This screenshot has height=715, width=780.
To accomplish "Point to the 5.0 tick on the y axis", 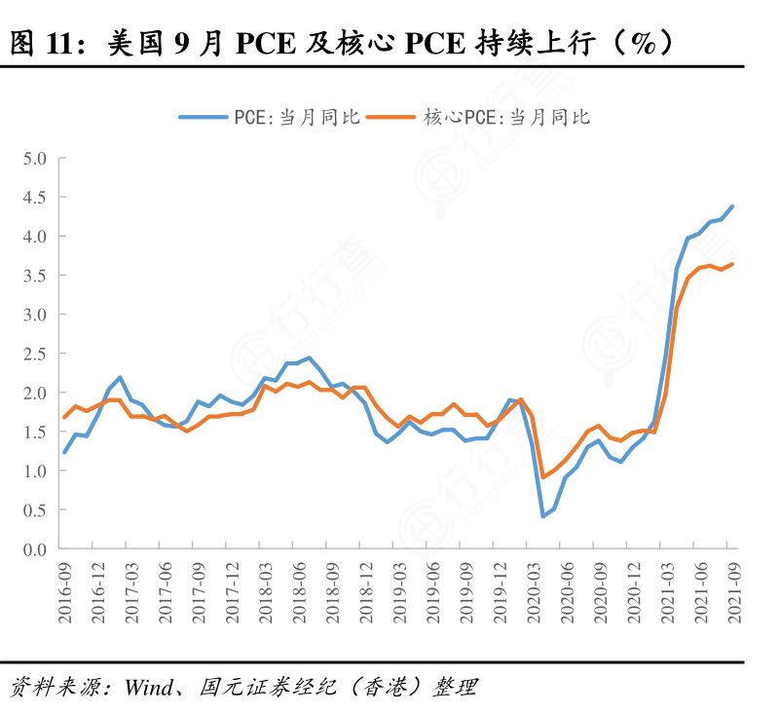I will [x=36, y=158].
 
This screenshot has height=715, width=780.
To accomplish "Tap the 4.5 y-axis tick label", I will [x=36, y=197].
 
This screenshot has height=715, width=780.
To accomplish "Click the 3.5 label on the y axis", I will [x=36, y=276].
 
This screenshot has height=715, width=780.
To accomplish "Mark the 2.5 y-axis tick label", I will [x=36, y=354].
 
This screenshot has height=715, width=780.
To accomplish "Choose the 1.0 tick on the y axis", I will [x=36, y=471].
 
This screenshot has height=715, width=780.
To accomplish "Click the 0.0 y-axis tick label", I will [x=36, y=549].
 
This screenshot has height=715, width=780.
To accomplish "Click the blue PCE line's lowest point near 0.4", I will [x=543, y=516].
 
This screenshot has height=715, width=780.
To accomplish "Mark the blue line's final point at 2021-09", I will [x=732, y=207].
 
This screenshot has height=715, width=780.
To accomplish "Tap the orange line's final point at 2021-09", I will [x=732, y=264].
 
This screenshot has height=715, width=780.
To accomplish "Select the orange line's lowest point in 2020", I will [x=543, y=477].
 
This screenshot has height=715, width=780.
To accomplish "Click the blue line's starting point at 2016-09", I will [x=65, y=452].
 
